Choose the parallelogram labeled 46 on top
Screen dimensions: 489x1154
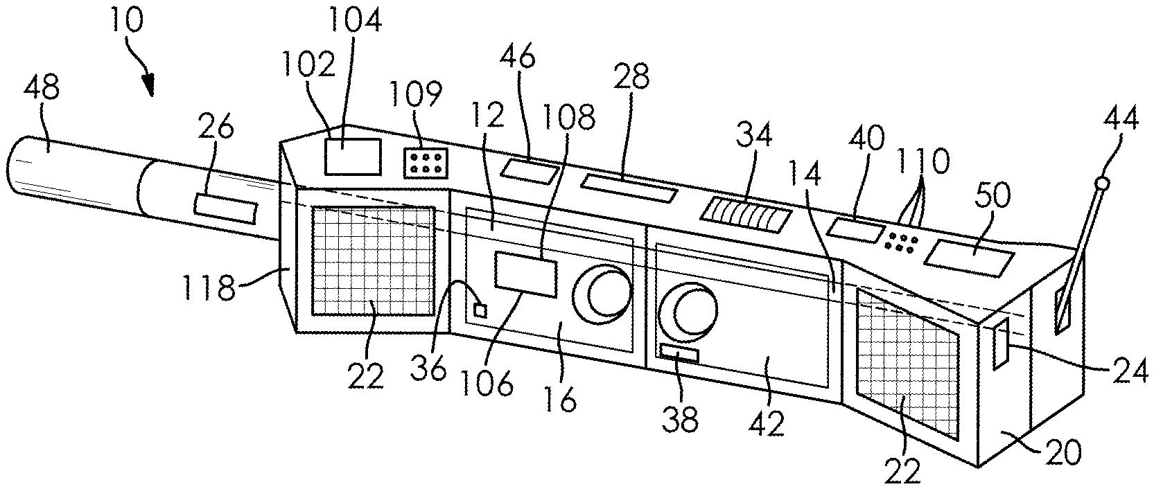point(530,170)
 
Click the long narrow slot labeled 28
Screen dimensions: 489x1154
point(629,188)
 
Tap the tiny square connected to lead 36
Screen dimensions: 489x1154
point(480,310)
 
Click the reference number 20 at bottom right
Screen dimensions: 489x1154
point(1061,454)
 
